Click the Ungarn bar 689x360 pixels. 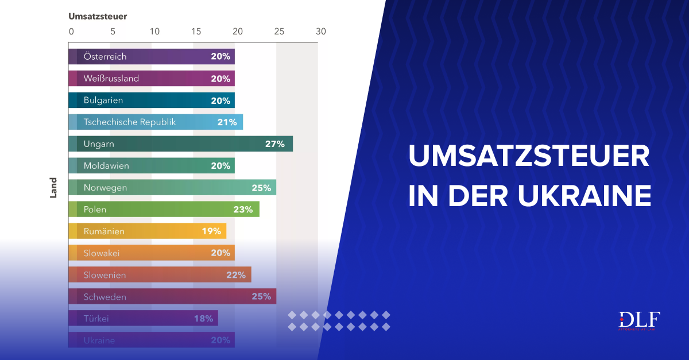180,144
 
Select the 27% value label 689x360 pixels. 274,144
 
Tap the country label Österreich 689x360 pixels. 105,57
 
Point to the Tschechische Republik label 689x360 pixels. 130,122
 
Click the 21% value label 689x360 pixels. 227,122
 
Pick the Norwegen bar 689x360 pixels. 172,188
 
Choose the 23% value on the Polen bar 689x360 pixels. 243,210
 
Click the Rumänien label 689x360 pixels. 104,231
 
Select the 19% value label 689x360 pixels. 211,231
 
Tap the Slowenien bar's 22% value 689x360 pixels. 235,275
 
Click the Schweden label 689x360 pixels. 104,297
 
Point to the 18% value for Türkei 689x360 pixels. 203,319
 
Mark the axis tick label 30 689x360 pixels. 320,32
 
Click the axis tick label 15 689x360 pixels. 196,32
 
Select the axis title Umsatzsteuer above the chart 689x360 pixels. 98,16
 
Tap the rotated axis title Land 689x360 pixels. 53,188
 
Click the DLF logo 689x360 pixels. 639,320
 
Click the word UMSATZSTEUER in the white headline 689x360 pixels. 529,156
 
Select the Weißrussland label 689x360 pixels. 111,79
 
